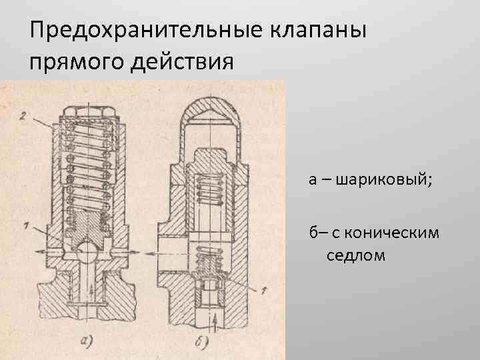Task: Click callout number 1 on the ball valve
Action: point(25,227)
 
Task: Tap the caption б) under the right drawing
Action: point(203,344)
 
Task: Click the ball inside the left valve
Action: point(87,253)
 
